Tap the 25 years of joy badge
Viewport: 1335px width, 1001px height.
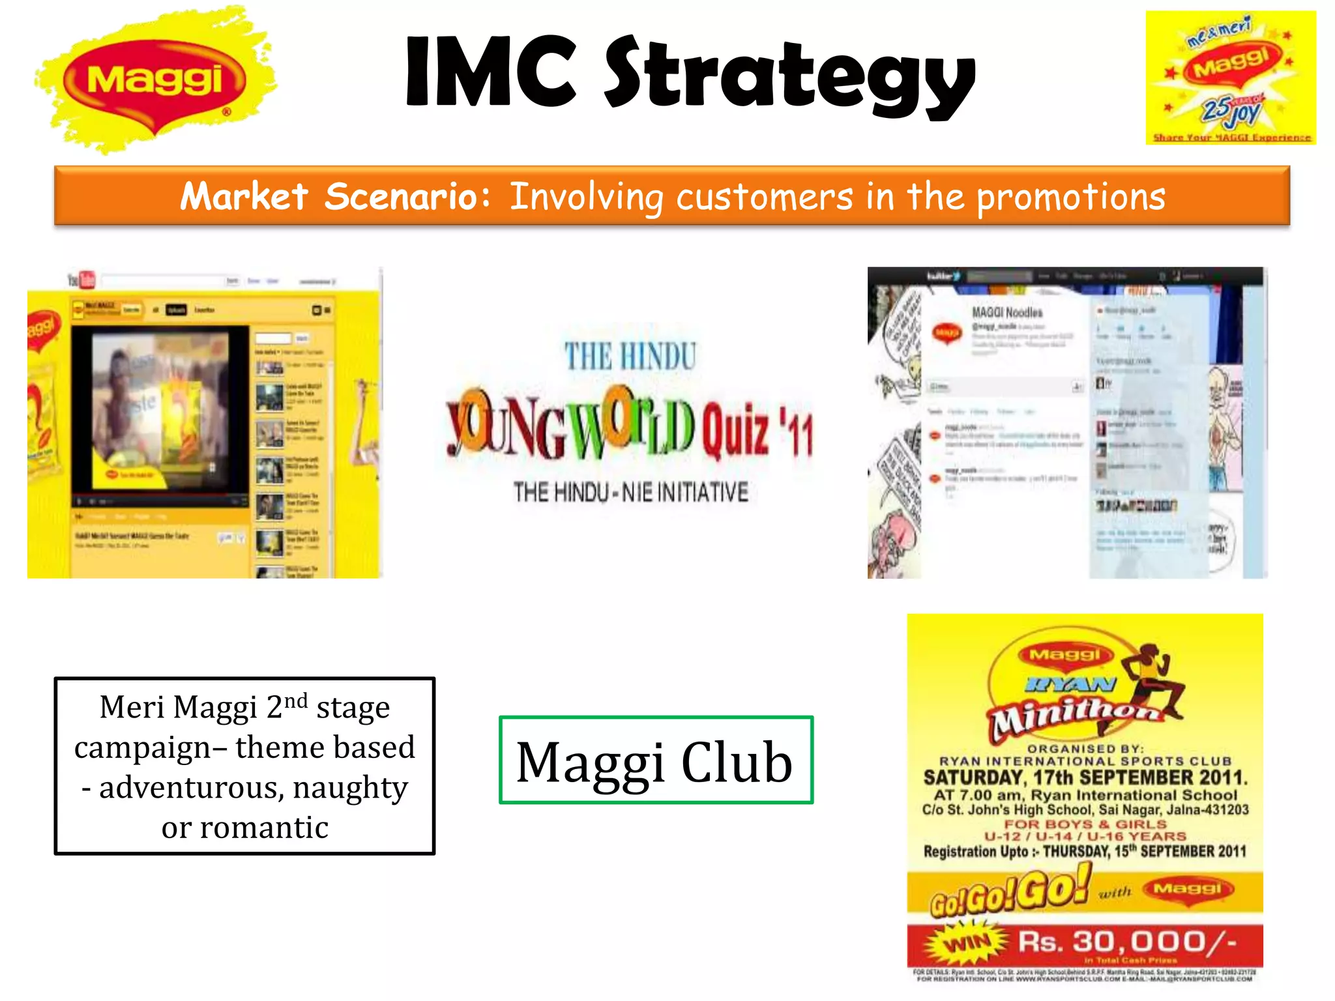(1231, 111)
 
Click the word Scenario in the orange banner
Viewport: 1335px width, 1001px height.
(407, 196)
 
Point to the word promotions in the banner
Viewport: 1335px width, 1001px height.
(1070, 197)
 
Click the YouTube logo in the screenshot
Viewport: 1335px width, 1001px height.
(82, 280)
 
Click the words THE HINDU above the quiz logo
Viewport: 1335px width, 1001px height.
(630, 357)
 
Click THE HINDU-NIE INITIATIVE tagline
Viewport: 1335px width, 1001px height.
(630, 492)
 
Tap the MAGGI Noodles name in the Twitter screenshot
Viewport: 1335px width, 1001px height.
(1007, 313)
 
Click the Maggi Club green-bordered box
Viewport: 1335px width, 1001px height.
(655, 761)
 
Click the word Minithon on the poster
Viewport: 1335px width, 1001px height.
(1076, 717)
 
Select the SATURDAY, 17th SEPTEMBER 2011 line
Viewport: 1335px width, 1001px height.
(1085, 777)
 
